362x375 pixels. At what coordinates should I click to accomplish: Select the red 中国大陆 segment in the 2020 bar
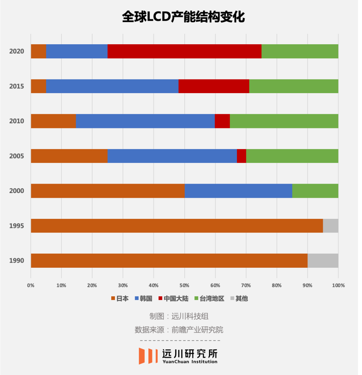point(184,51)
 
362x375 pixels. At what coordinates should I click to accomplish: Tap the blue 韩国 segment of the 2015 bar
point(112,86)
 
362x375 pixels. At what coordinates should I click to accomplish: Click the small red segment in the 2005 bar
point(241,156)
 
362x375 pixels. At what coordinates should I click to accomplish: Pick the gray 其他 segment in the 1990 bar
point(323,260)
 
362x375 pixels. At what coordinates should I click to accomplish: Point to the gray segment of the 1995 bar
point(330,226)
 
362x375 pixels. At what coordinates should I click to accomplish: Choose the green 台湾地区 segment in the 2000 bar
point(315,191)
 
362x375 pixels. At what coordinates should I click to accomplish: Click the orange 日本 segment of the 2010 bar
point(53,121)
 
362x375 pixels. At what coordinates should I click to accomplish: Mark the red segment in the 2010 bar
point(222,121)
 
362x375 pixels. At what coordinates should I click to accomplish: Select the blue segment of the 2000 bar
point(238,191)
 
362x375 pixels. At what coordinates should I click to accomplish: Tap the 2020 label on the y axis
point(16,51)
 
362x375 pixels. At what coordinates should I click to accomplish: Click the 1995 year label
point(16,226)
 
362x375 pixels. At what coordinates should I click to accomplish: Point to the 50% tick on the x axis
point(184,286)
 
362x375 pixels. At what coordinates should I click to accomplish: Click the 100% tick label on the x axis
point(338,286)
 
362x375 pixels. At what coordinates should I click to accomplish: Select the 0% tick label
point(31,286)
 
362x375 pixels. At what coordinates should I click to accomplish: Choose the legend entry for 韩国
point(143,298)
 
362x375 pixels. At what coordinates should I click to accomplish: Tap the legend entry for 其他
point(239,298)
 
